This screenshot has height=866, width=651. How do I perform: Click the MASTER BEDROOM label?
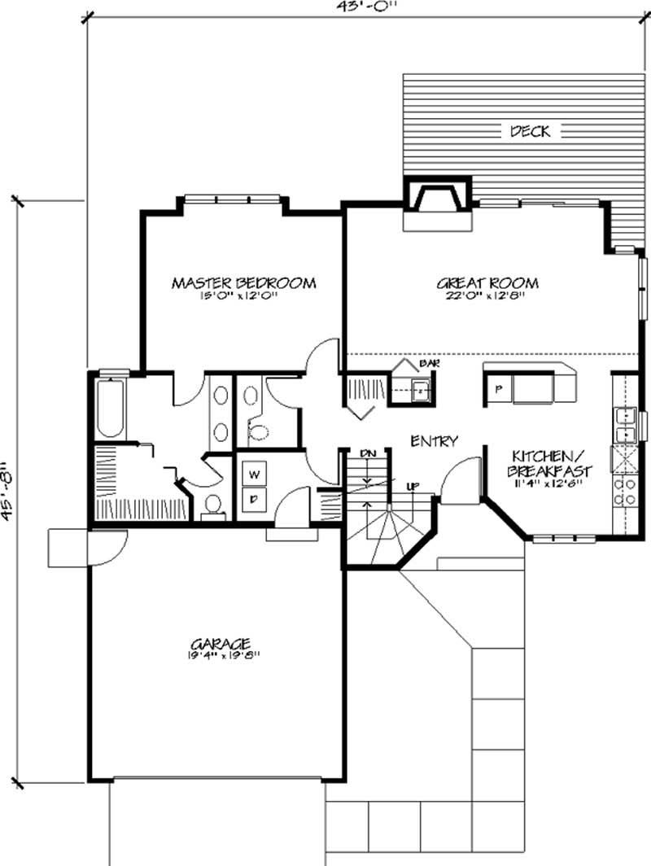coord(243,283)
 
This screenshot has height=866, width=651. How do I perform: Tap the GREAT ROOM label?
coord(487,283)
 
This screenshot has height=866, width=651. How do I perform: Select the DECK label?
coord(530,130)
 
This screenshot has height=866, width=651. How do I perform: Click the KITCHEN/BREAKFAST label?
coord(550,463)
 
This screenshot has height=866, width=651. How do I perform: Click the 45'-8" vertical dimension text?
coord(8,489)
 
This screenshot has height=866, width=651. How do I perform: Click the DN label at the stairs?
coord(367,453)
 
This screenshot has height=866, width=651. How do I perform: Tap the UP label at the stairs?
coord(412,486)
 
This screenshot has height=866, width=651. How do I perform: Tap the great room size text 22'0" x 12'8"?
coord(487,296)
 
